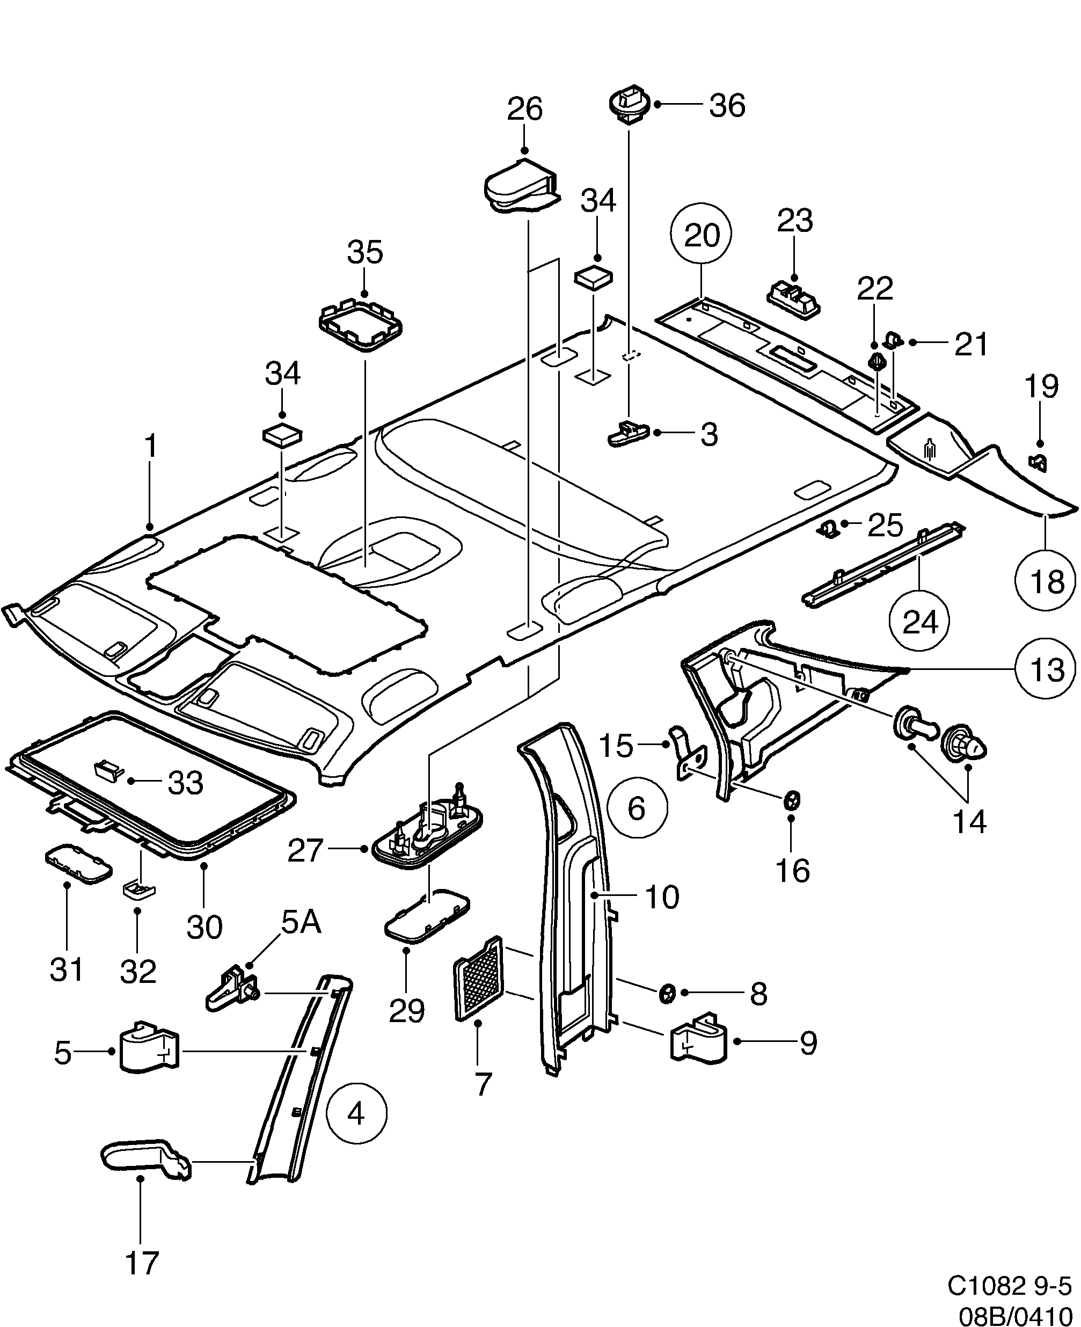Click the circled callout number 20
click(x=701, y=235)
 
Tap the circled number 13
click(x=1046, y=669)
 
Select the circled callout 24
click(x=919, y=621)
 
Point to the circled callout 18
click(x=1046, y=581)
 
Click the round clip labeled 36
click(x=629, y=103)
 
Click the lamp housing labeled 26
click(x=520, y=185)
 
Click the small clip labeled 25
click(x=827, y=529)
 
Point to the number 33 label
click(x=186, y=783)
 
